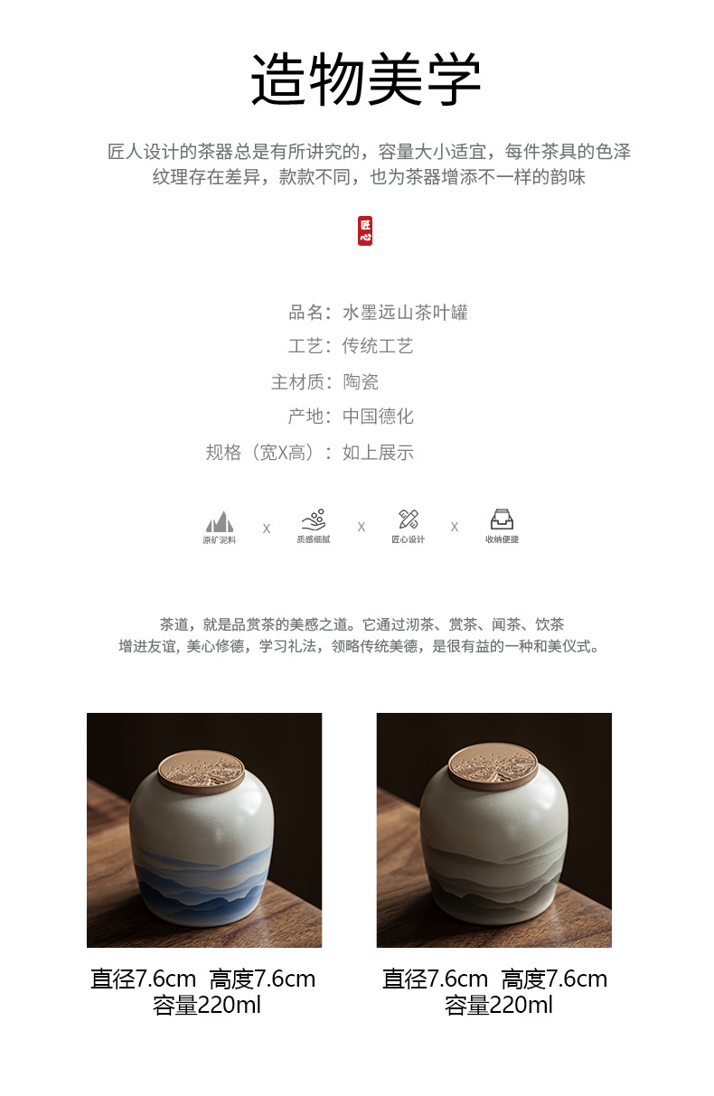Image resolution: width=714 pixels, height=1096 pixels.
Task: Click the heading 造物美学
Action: click(365, 80)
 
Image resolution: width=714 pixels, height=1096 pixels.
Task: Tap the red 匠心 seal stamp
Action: click(365, 230)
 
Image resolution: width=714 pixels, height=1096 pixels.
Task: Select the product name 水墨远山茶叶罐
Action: click(405, 312)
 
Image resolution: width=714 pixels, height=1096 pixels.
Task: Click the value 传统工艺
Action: click(378, 346)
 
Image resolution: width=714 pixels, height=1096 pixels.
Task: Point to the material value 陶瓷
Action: click(361, 381)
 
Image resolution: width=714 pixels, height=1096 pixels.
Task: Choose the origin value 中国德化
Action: click(378, 417)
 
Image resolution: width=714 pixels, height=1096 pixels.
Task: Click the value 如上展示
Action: click(378, 453)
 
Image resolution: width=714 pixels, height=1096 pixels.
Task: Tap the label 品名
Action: click(305, 312)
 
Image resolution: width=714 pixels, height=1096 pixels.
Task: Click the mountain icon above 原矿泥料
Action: click(220, 521)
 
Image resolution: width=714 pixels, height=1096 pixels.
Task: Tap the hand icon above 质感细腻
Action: click(314, 520)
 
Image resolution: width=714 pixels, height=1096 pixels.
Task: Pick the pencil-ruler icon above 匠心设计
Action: click(409, 520)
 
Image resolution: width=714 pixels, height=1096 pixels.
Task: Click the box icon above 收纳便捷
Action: click(503, 520)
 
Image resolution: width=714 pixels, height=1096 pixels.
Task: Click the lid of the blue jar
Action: click(202, 772)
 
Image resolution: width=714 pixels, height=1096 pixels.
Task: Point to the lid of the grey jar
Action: click(493, 765)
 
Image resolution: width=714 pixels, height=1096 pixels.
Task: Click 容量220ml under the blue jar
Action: click(206, 1006)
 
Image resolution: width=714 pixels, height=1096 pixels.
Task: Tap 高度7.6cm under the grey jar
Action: click(554, 979)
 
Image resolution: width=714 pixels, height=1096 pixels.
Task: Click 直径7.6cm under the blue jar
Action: click(143, 979)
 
